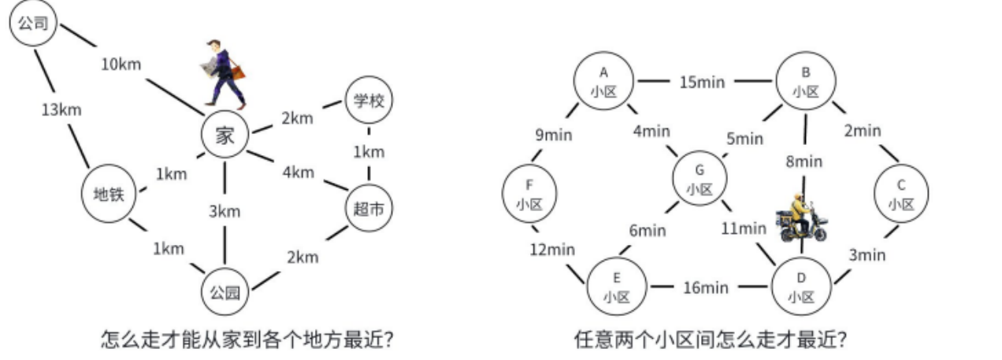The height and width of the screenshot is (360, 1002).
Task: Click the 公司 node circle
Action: point(33,24)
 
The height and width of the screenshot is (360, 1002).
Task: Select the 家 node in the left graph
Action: point(225,135)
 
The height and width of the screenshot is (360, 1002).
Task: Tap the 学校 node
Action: point(369,101)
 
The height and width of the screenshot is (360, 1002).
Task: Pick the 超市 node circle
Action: point(369,208)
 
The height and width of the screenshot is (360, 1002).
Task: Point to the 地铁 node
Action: point(108,194)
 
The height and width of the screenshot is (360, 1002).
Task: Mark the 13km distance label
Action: point(61,109)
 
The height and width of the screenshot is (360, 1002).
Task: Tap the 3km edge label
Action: point(225,212)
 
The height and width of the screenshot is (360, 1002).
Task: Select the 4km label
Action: point(298,172)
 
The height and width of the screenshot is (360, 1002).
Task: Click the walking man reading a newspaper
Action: point(223,72)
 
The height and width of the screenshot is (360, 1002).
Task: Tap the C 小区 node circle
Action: point(900,194)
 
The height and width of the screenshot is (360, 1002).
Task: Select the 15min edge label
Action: point(703,81)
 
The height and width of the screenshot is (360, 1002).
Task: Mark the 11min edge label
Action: point(744,229)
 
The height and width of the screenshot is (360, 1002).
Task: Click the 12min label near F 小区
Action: point(551,249)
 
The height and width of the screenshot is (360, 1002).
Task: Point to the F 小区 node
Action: point(529,194)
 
